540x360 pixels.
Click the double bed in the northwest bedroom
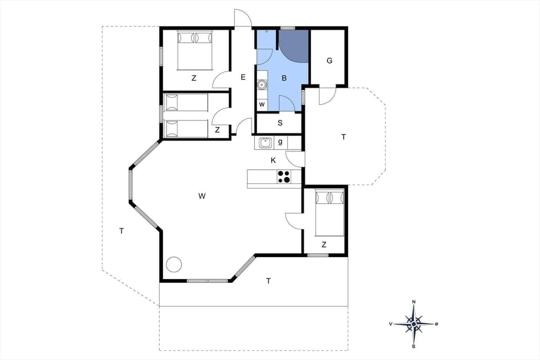[194, 50]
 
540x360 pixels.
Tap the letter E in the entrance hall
[243, 77]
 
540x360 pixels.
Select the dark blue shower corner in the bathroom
[294, 44]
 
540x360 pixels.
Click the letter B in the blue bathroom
[284, 78]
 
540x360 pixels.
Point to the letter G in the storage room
[329, 61]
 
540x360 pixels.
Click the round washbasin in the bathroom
[262, 85]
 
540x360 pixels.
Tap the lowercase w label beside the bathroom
[262, 104]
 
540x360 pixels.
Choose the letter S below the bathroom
[280, 123]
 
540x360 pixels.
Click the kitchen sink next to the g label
[265, 143]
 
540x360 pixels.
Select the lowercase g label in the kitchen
[280, 142]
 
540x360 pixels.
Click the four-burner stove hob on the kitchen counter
[284, 177]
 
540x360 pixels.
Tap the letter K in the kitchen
[273, 160]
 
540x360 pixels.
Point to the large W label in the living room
[201, 196]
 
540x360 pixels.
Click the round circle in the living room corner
[174, 263]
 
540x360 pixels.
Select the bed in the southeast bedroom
[329, 213]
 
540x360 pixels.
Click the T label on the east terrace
[343, 137]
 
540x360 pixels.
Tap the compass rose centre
[414, 323]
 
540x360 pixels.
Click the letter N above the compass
[414, 302]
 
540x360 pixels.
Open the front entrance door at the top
[242, 19]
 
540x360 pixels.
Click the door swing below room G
[326, 96]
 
